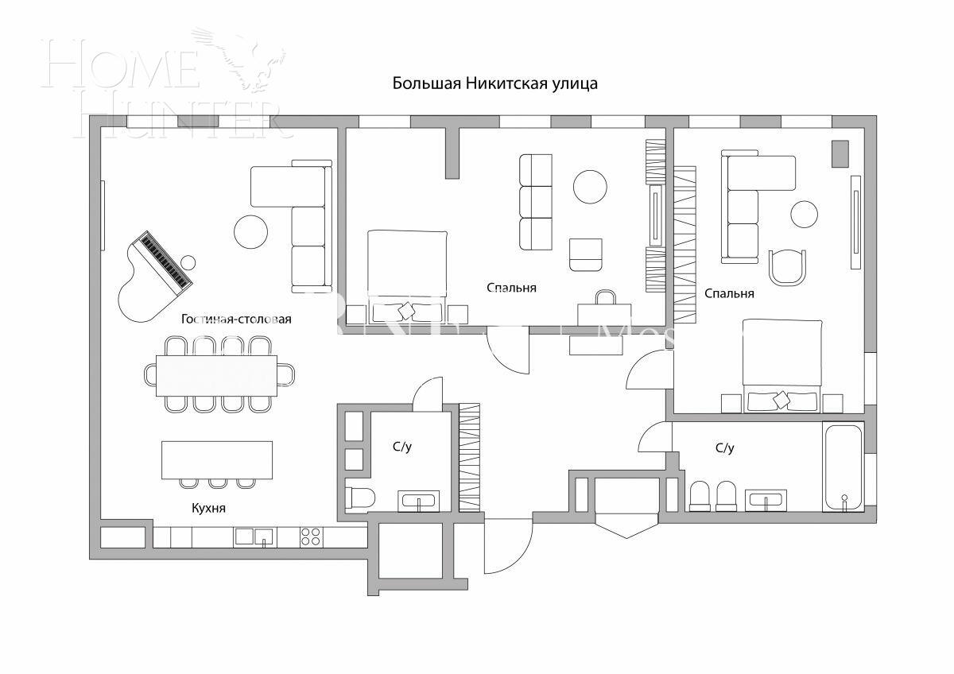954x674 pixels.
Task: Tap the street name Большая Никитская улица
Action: (494, 83)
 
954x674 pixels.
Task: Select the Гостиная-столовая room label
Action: (236, 319)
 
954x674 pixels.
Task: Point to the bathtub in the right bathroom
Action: (842, 468)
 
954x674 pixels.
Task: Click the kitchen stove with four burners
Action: (311, 537)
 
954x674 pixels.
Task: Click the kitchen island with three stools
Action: (217, 460)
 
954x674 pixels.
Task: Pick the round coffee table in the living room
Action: (251, 231)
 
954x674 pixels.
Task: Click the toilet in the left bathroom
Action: (360, 498)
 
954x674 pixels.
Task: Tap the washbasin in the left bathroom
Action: (418, 502)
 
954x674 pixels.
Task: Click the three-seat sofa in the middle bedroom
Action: (536, 201)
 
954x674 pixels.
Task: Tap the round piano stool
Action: (189, 262)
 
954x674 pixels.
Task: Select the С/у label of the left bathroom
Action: (402, 447)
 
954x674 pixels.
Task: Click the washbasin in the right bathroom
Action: (766, 501)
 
